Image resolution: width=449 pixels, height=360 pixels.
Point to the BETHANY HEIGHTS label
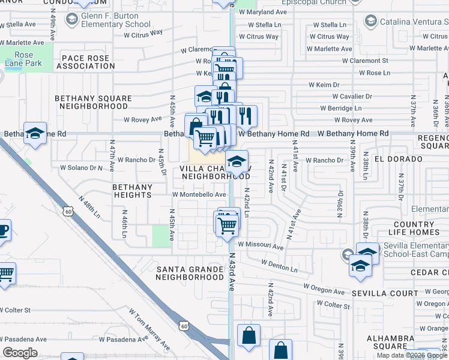click(x=132, y=191)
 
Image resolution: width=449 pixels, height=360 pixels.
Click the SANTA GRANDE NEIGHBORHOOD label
click(x=190, y=273)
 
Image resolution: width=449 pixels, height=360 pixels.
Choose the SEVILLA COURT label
click(x=384, y=293)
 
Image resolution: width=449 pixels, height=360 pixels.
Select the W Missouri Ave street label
click(x=260, y=246)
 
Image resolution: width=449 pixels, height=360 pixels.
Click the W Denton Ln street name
click(x=279, y=266)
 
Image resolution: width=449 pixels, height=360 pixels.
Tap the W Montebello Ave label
click(x=199, y=194)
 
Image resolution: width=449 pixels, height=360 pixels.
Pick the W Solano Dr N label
click(x=82, y=167)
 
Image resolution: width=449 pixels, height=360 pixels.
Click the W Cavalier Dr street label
click(x=354, y=96)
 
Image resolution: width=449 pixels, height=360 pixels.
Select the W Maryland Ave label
click(x=262, y=11)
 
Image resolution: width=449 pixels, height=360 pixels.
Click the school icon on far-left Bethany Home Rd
click(x=35, y=134)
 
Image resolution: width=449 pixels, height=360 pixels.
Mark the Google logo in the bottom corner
click(x=20, y=353)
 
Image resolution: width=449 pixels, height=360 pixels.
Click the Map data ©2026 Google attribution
click(x=412, y=355)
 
